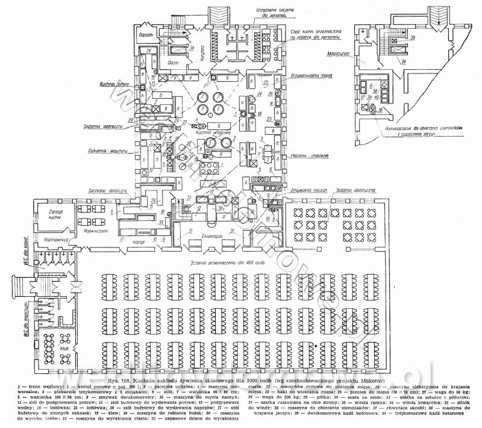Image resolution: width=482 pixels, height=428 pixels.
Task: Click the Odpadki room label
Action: point(145,34)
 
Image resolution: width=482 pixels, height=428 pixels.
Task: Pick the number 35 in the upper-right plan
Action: point(413,38)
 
